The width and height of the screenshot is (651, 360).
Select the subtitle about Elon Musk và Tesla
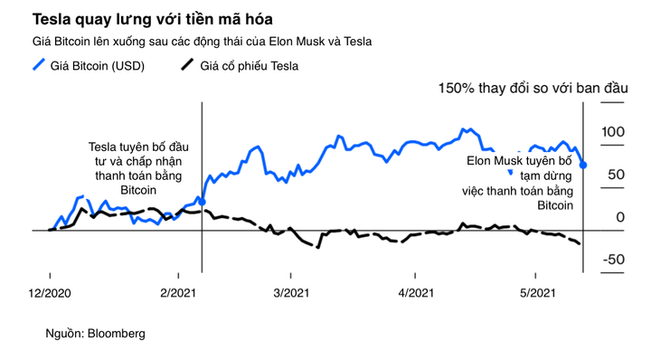(203, 42)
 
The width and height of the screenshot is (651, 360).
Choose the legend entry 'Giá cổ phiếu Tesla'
(249, 65)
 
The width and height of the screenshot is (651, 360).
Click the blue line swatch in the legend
(39, 65)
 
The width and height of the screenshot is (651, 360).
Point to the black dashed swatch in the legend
(186, 65)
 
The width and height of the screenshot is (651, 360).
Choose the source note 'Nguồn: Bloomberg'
(95, 334)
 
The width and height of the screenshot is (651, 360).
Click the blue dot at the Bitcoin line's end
(583, 165)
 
